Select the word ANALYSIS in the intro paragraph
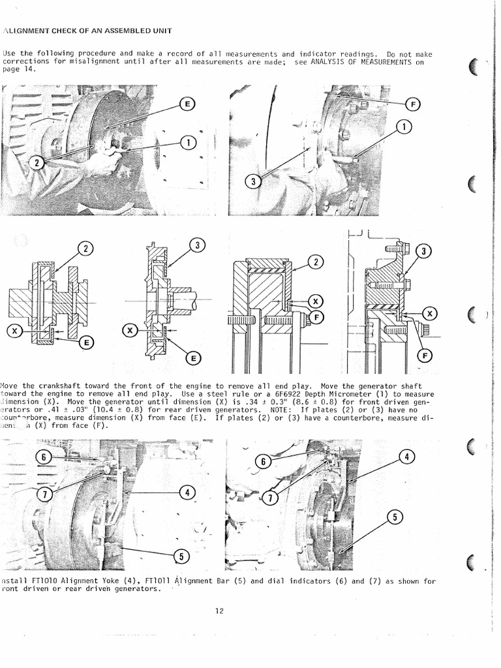point(333,62)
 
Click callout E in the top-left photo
point(187,104)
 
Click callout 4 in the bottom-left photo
point(187,493)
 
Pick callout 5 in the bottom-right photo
point(393,517)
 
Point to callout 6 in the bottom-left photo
point(43,457)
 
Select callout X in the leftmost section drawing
point(14,331)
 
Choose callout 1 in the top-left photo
point(187,142)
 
